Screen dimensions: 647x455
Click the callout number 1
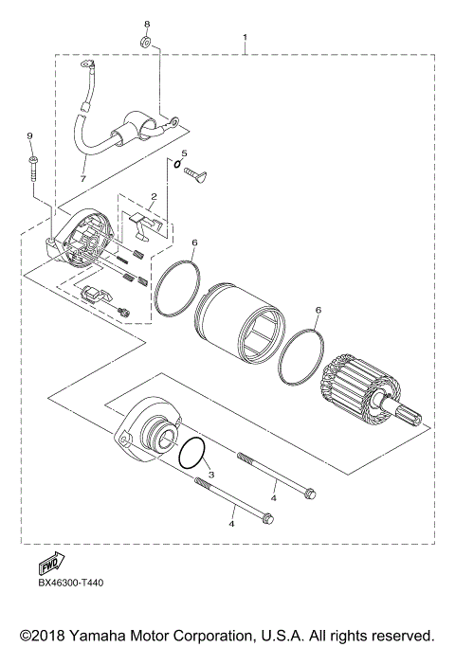coord(246,39)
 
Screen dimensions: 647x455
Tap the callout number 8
coord(147,23)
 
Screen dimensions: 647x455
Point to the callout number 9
coord(29,135)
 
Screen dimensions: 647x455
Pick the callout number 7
coord(82,178)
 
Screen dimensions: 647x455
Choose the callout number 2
coord(152,197)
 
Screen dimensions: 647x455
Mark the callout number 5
coord(185,153)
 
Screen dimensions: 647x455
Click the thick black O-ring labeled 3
coord(193,454)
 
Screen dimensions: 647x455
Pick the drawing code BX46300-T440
coord(71,583)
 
